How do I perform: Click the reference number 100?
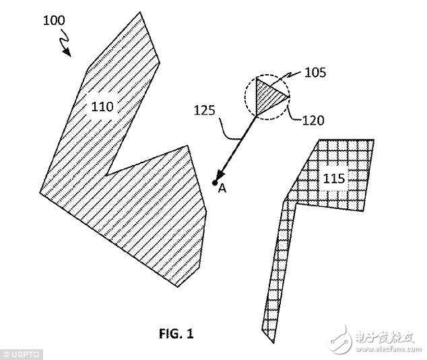(54, 21)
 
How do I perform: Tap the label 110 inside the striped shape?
(102, 107)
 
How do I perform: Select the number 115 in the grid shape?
(334, 179)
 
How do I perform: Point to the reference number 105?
(315, 73)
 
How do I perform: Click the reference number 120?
(313, 120)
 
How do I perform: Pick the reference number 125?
(205, 111)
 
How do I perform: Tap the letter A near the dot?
(222, 188)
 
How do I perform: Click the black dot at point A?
(215, 183)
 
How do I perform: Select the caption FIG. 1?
(176, 334)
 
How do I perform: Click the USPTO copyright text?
(22, 355)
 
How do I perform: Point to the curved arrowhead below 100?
(67, 52)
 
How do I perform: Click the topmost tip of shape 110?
(140, 12)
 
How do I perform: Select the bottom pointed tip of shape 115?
(273, 342)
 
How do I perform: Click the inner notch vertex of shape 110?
(106, 175)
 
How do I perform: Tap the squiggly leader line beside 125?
(228, 129)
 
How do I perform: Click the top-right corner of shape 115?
(374, 140)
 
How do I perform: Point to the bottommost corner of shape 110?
(177, 287)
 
